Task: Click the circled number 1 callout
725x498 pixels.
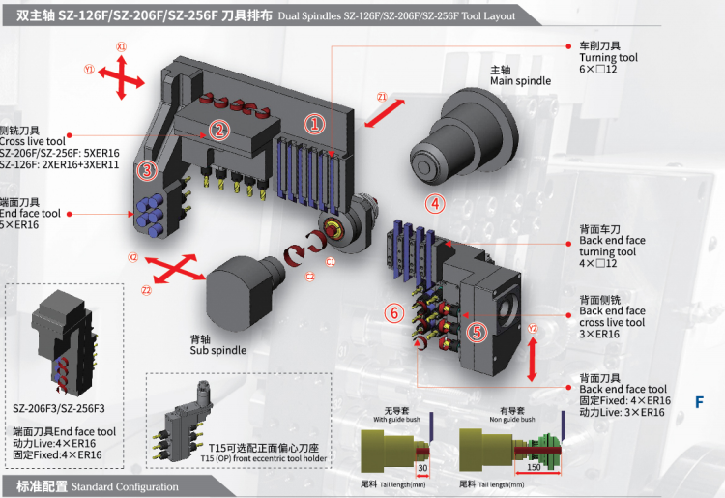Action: click(314, 124)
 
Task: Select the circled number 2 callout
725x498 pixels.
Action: click(219, 130)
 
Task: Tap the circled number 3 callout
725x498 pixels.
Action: click(146, 170)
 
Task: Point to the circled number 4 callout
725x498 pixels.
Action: click(436, 203)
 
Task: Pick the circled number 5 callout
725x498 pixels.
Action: click(477, 331)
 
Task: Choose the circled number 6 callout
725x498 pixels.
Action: click(392, 312)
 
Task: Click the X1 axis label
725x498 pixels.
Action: click(122, 46)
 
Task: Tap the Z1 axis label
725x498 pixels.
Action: click(382, 97)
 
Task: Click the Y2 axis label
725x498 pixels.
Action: click(533, 329)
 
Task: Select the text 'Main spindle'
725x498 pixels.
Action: click(520, 81)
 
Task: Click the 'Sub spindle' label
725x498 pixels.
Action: click(218, 350)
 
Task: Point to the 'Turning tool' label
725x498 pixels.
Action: click(608, 58)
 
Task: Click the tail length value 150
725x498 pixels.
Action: click(535, 469)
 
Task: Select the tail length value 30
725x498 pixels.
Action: click(421, 469)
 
